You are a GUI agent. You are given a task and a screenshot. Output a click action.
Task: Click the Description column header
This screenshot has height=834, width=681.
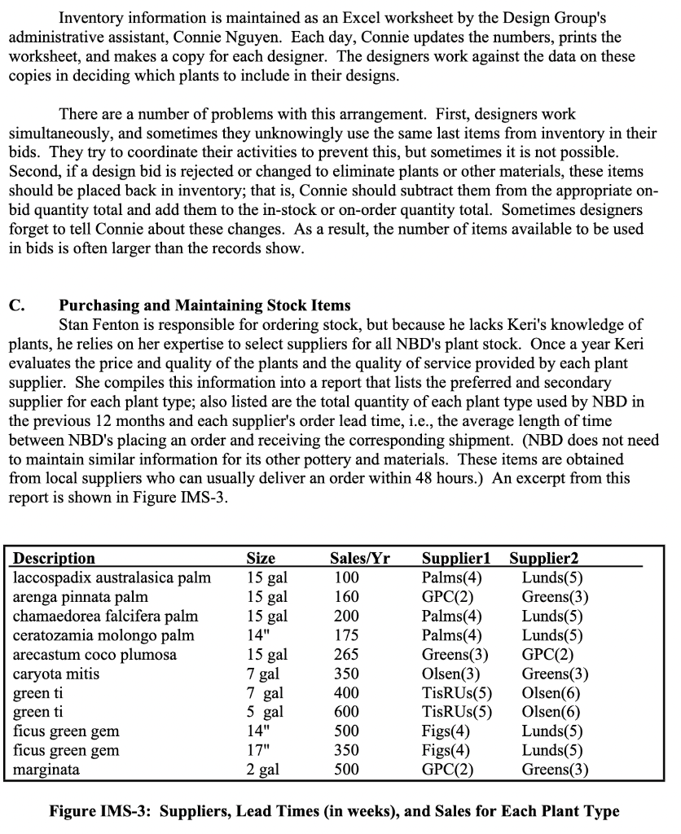54,559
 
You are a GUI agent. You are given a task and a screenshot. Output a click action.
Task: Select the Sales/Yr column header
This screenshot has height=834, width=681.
359,559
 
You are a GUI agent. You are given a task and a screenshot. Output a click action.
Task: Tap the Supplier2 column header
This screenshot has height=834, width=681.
543,559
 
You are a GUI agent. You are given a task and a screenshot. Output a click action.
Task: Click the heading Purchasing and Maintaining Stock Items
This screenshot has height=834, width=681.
204,306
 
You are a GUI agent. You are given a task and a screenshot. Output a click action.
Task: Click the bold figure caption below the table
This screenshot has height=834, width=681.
334,811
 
